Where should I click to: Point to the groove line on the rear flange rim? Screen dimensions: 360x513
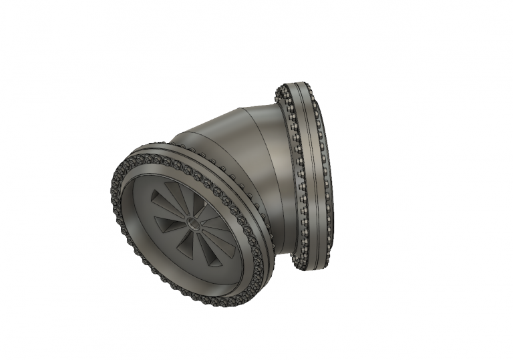[x=313, y=174]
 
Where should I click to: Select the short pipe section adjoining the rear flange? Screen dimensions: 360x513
[x=284, y=174]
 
